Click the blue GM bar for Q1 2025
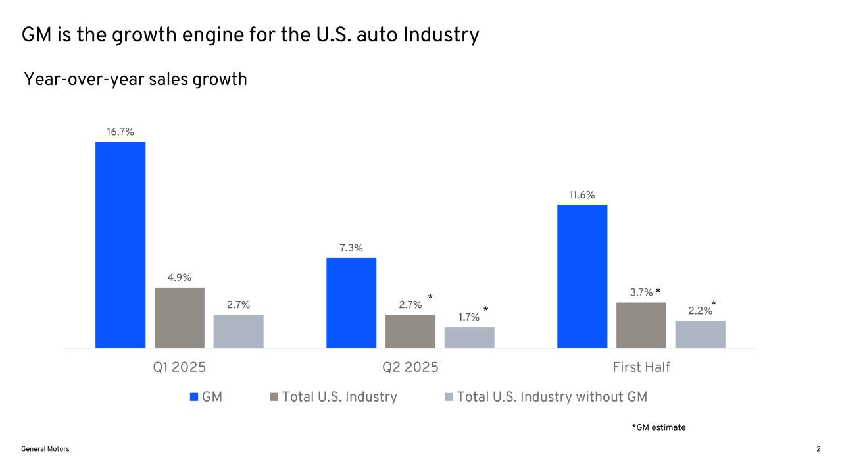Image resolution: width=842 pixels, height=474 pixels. (x=120, y=244)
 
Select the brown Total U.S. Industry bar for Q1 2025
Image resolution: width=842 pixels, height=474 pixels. (x=180, y=317)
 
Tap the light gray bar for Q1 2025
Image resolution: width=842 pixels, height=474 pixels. (x=238, y=331)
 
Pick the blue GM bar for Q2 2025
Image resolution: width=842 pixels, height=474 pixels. (x=351, y=302)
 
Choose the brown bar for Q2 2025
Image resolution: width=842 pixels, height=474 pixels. (x=410, y=331)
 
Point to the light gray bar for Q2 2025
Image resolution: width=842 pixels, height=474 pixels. (x=469, y=337)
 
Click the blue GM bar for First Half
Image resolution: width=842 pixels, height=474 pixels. (x=582, y=276)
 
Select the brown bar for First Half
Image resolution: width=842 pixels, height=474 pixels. (x=641, y=325)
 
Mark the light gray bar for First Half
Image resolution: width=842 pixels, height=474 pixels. (x=700, y=334)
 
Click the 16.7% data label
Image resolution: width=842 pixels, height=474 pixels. (x=120, y=132)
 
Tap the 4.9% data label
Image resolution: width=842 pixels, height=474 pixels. (x=180, y=278)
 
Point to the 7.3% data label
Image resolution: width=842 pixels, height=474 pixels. (x=351, y=248)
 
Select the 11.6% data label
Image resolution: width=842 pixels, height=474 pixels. (x=582, y=195)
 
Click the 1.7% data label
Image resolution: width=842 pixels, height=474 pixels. (x=469, y=317)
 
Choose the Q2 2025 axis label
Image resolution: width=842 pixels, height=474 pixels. (x=410, y=367)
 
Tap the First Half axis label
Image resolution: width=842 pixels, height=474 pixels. (x=641, y=367)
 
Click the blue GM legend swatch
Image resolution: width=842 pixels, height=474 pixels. (x=194, y=397)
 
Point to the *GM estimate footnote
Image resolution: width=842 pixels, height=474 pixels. (x=658, y=428)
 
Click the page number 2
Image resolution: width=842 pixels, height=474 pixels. (x=818, y=449)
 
